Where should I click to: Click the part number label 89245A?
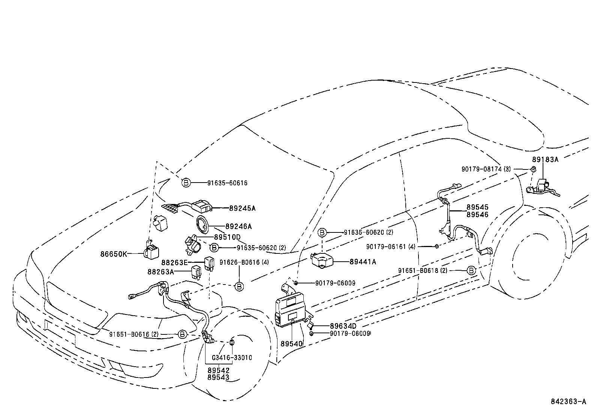coord(242,208)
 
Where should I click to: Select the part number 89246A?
coord(238,226)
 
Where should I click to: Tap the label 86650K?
coord(114,254)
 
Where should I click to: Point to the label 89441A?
coord(363,262)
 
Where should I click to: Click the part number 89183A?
coord(545,159)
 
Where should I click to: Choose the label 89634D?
coord(343,326)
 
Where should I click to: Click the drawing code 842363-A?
coord(568,402)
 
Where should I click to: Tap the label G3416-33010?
coord(232,358)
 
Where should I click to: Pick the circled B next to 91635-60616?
coord(186,183)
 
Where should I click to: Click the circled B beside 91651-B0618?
coord(471,270)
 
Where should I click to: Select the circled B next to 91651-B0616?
coord(182,334)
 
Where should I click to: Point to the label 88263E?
coord(174,262)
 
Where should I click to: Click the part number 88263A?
coord(160,272)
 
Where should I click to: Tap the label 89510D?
coord(227,237)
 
